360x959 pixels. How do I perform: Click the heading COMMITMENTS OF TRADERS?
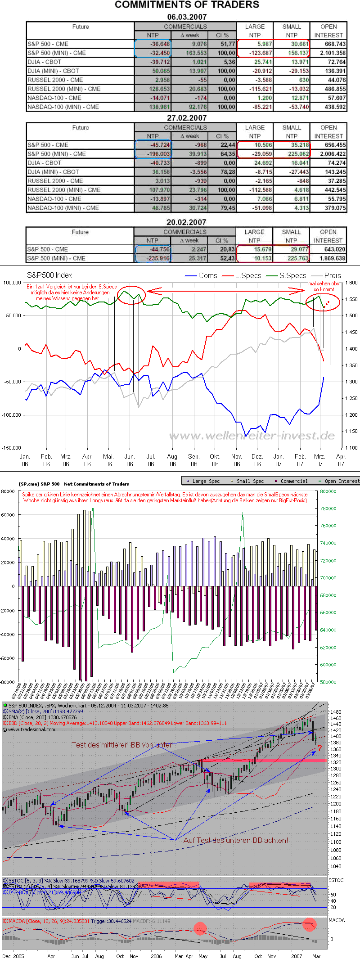[x=187, y=5]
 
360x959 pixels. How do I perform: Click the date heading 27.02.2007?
[x=187, y=118]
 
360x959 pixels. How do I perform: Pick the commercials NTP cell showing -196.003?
[x=153, y=154]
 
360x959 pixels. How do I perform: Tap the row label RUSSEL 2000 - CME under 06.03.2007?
[x=55, y=80]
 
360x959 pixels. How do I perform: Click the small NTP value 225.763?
[x=292, y=258]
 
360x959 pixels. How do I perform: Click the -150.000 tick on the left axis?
[x=12, y=448]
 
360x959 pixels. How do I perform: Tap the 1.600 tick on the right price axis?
[x=351, y=283]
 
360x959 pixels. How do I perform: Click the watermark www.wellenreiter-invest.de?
[x=252, y=436]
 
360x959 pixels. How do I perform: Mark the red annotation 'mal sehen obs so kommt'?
[x=324, y=287]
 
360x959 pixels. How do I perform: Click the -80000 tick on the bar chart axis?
[x=8, y=682]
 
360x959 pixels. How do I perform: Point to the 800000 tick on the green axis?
[x=328, y=491]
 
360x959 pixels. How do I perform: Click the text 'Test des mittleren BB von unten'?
[x=123, y=745]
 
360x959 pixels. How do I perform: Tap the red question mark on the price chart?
[x=319, y=748]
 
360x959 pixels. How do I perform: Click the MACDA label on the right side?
[x=337, y=920]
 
